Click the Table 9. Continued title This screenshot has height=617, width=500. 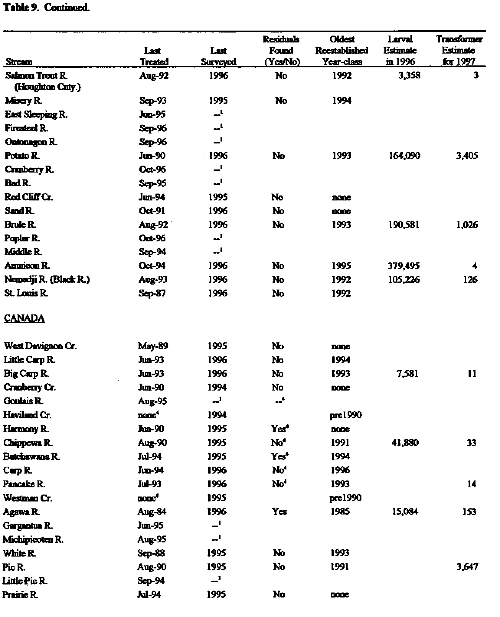click(46, 8)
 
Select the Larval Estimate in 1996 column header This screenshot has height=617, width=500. click(400, 50)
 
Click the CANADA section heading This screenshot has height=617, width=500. click(24, 319)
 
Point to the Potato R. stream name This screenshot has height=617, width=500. click(22, 156)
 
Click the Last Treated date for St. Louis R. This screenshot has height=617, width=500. click(152, 293)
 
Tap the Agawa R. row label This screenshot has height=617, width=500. click(21, 512)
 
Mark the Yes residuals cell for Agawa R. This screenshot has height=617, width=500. click(279, 512)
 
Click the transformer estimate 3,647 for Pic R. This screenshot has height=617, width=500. click(467, 567)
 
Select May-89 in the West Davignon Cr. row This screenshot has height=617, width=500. click(152, 346)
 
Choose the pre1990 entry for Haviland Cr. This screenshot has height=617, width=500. click(345, 415)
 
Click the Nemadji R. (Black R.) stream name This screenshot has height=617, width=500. click(47, 280)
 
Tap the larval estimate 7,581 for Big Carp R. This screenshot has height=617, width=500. click(407, 374)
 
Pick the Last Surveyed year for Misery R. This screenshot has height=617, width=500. click(218, 101)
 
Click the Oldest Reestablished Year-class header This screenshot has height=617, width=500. click(342, 50)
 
